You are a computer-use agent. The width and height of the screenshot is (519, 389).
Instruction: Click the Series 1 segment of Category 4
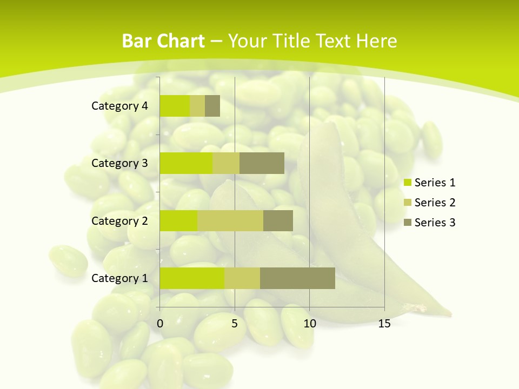175,106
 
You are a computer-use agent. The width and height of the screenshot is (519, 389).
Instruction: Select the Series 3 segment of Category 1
297,278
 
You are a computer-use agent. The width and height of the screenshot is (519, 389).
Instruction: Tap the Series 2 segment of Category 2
230,220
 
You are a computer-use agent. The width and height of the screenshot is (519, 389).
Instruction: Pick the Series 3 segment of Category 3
262,163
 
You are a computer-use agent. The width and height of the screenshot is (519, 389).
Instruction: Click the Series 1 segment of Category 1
192,278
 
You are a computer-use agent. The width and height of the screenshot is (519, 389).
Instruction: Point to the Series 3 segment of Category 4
212,106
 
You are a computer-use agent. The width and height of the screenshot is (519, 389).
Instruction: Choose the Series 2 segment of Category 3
226,163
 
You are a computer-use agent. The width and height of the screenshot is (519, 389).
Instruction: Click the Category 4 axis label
119,106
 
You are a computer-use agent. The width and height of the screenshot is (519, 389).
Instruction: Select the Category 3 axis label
119,163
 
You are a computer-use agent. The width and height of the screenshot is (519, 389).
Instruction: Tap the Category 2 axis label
119,220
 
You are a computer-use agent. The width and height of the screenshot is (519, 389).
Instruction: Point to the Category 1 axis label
119,278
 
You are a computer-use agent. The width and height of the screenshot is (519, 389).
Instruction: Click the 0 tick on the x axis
160,324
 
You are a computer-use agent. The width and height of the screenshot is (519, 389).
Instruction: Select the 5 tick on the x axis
235,324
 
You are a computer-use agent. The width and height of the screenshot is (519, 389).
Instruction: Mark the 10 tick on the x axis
309,324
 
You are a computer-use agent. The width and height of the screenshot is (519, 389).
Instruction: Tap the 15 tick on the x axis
384,324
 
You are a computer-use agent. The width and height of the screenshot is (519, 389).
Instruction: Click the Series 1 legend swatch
407,183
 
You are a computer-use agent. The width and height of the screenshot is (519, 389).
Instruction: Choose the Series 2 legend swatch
407,203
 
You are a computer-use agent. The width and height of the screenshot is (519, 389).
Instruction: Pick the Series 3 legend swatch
407,223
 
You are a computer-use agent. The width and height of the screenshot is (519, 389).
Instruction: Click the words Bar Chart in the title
163,41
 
